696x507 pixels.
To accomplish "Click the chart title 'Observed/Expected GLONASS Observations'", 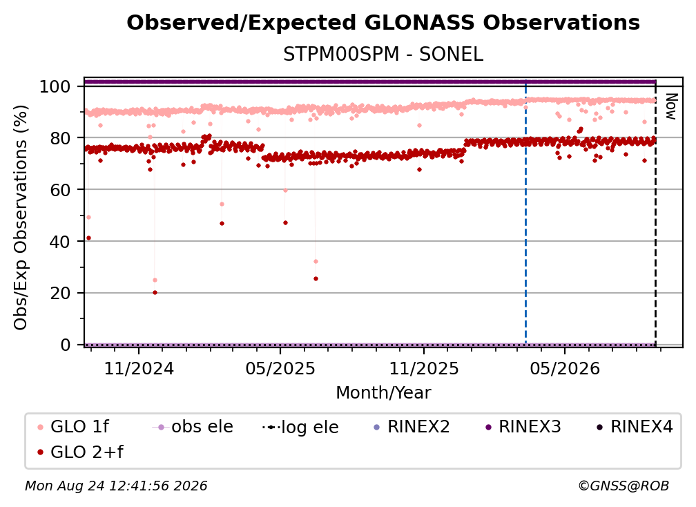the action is pos(383,23).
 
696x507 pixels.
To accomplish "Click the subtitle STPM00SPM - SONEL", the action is pos(383,55).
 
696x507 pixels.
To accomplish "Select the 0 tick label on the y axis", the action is pos(65,345).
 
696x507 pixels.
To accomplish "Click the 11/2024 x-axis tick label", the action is pos(139,369).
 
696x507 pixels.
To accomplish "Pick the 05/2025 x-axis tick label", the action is pos(280,369).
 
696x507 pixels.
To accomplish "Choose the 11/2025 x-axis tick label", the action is pos(424,369).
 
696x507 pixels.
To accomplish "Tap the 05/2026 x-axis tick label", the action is pos(565,369).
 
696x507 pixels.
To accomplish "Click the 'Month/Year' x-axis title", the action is pos(383,393).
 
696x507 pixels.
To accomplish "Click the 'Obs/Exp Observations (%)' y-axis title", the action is pos(21,218).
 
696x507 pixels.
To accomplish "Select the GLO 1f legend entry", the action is pos(73,427).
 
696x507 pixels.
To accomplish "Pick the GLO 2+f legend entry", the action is pos(80,452).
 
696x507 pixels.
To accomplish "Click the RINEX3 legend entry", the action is pos(523,427).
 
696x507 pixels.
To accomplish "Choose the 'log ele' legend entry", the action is pos(300,427).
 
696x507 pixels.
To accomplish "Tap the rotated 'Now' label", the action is pos(670,106).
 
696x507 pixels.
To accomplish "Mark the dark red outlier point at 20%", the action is pos(155,293).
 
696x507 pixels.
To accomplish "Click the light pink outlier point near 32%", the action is pos(316,262).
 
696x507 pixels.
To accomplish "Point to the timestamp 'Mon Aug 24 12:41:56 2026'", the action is pos(116,486).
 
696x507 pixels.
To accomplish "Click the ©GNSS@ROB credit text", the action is pos(623,486).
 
